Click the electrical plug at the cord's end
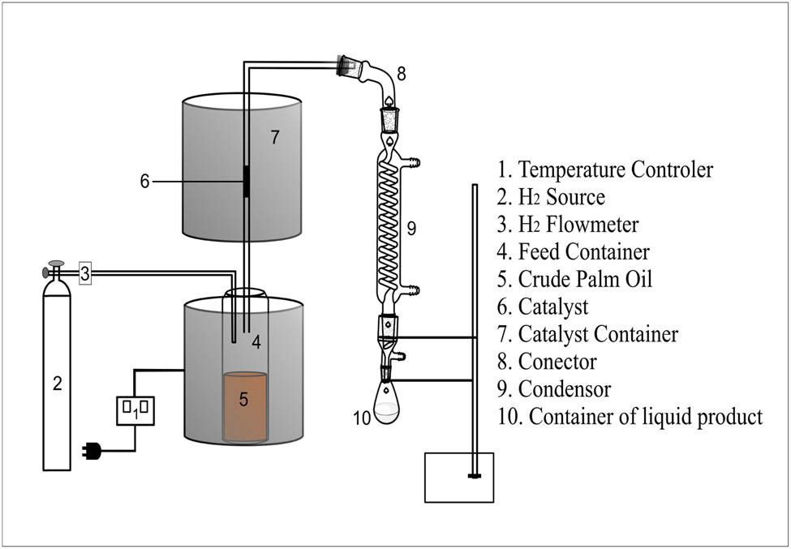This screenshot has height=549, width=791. [92, 451]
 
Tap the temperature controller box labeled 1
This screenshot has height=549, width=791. [135, 410]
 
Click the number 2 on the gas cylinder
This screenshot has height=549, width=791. [57, 384]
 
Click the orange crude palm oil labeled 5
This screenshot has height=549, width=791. [245, 406]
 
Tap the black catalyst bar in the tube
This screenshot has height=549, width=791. [245, 183]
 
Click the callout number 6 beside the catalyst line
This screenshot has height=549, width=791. [144, 182]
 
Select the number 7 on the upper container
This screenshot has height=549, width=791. [275, 138]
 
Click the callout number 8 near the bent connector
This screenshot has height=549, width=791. [402, 74]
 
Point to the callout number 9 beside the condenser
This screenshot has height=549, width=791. [411, 229]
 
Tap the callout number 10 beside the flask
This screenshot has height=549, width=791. [362, 418]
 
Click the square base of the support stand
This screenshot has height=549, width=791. [460, 478]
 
